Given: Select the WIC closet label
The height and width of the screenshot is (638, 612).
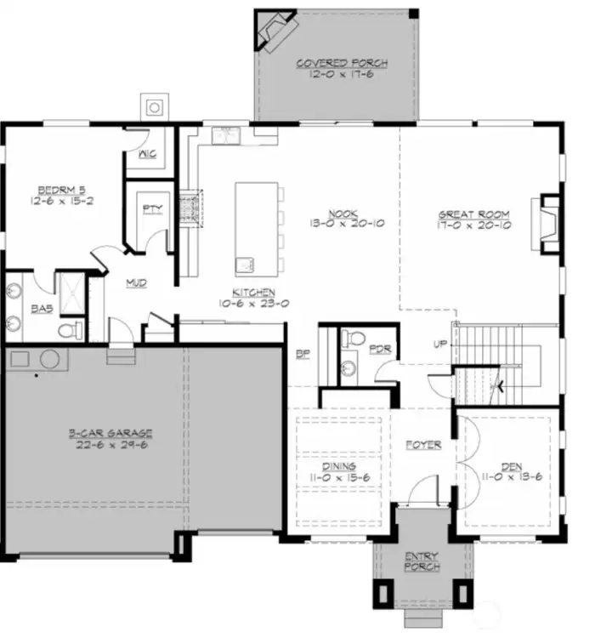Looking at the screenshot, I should (149, 155).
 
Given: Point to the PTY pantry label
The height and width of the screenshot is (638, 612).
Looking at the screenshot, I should (153, 208).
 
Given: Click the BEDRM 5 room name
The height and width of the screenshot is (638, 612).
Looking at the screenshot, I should (58, 189).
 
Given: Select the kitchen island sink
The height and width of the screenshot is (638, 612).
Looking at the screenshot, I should (245, 260).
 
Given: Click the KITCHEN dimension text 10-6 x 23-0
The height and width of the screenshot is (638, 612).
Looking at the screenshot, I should (241, 301).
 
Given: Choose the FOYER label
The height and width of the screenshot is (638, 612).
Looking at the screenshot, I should (422, 445).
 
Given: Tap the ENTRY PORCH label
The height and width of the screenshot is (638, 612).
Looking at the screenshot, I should (422, 562).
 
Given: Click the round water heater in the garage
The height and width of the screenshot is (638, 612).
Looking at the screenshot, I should (49, 358).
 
